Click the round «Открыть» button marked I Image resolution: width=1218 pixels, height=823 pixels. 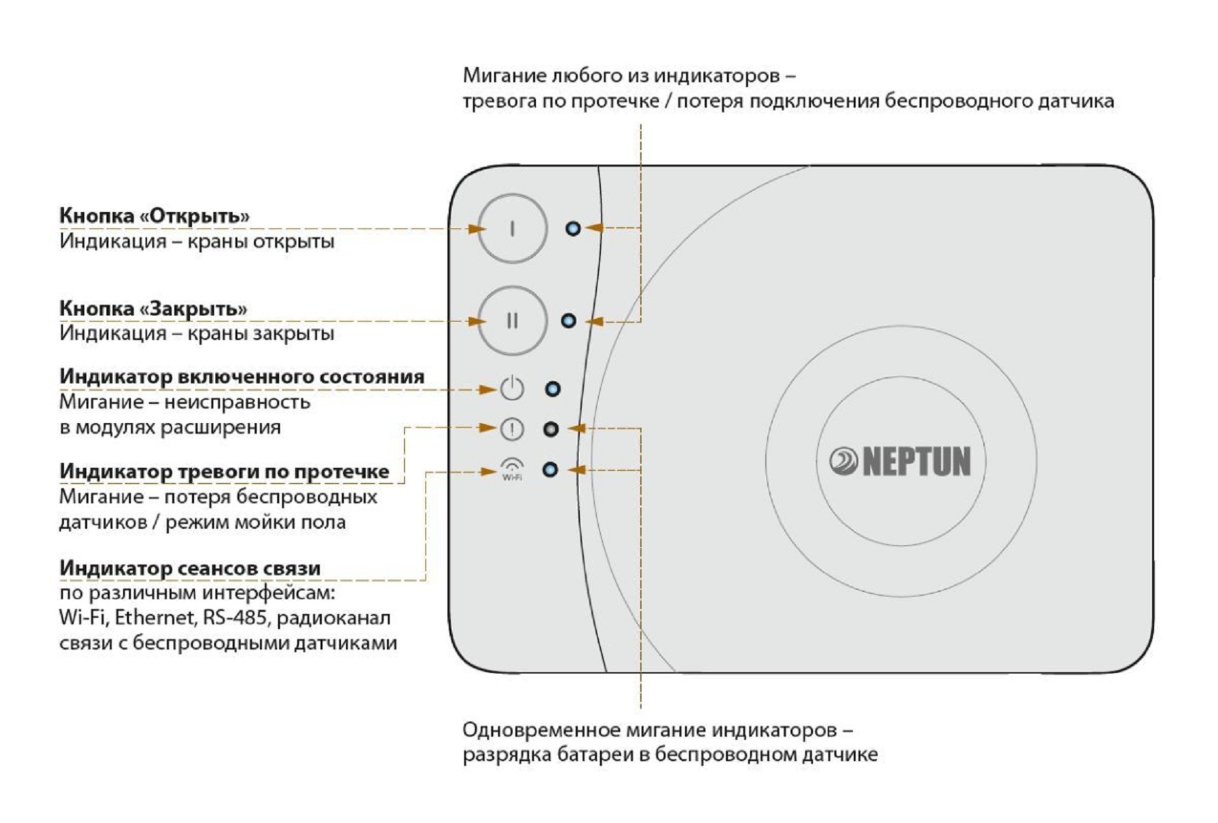pos(512,228)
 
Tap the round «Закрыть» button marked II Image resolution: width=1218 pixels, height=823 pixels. pos(512,320)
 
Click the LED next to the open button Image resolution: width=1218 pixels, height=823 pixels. pos(573,228)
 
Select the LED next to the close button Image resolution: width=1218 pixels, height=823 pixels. pos(568,320)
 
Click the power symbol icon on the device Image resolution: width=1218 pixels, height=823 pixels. pos(512,389)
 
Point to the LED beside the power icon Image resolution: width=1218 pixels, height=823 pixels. pos(552,390)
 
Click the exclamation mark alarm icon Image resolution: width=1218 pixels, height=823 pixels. pos(512,429)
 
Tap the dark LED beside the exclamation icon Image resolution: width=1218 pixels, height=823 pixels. pos(550,429)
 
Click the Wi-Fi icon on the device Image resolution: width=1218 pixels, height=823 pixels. pos(512,469)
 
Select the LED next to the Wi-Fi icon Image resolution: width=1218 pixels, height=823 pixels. pos(550,470)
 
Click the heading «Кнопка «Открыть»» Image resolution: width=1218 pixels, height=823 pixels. pos(154,215)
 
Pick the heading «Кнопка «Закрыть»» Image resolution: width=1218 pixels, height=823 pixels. pos(153,309)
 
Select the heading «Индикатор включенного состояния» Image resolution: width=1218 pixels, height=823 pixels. pos(242,377)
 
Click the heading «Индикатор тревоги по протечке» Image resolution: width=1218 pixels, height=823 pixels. pos(224,471)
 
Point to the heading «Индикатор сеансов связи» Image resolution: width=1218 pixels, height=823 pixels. pos(190,568)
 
